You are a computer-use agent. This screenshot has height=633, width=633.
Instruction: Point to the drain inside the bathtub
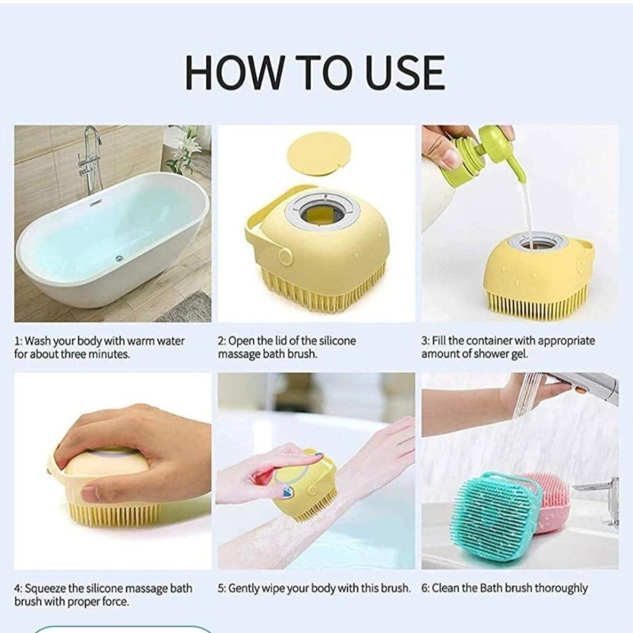pos(119,258)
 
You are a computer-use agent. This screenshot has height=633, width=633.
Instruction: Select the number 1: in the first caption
pos(18,342)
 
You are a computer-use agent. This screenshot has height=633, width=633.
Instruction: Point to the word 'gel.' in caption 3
pos(519,354)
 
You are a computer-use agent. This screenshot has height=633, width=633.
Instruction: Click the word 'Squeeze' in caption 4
pos(45,589)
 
